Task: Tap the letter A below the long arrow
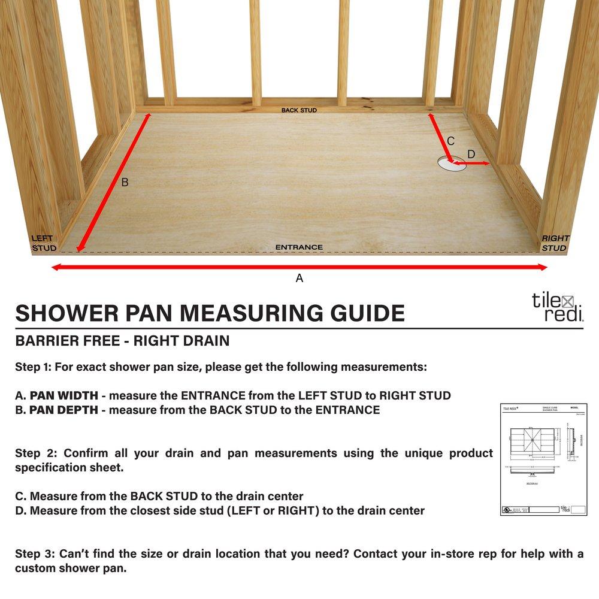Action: (x=299, y=278)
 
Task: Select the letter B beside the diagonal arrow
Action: (x=125, y=182)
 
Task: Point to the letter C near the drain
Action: (x=451, y=141)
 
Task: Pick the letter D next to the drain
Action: (x=471, y=155)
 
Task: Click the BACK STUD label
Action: (x=299, y=110)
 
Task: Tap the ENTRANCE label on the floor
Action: (x=299, y=247)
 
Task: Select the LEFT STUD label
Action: (x=44, y=243)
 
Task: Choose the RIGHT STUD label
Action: (x=555, y=243)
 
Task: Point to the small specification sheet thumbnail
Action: (x=543, y=459)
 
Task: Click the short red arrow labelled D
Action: (x=473, y=163)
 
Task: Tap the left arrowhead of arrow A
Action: (x=55, y=267)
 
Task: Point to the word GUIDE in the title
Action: (x=368, y=313)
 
